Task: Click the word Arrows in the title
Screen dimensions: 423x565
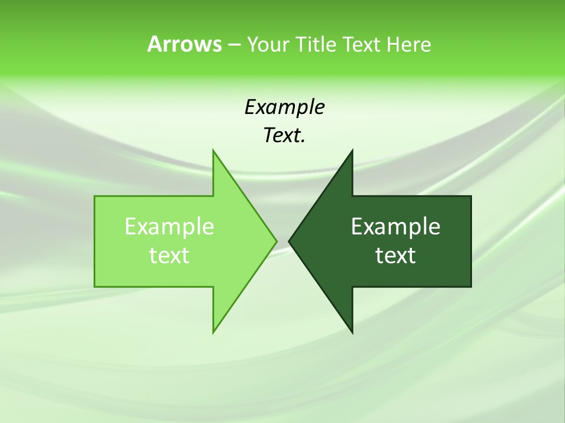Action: (x=184, y=45)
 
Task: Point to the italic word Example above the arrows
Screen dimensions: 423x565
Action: (x=284, y=108)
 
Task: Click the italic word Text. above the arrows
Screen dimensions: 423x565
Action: (x=284, y=136)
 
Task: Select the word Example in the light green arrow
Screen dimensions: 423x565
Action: (x=169, y=226)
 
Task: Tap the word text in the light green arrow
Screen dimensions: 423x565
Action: (x=169, y=255)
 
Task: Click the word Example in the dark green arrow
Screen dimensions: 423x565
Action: (x=395, y=226)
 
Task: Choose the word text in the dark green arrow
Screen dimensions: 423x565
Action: (x=395, y=255)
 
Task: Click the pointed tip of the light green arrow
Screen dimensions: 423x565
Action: (x=277, y=241)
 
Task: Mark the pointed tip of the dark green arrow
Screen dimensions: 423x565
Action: (x=289, y=241)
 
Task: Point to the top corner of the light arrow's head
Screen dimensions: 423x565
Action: (x=213, y=150)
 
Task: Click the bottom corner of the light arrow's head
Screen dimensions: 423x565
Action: (x=213, y=333)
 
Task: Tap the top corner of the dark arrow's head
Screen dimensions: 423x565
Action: (x=352, y=150)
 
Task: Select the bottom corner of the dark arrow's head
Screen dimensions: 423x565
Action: (x=352, y=333)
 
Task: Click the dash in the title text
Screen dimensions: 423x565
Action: (x=234, y=45)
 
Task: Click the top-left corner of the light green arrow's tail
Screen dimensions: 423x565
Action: (x=95, y=196)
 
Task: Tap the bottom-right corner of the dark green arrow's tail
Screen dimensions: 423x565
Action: (x=471, y=287)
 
